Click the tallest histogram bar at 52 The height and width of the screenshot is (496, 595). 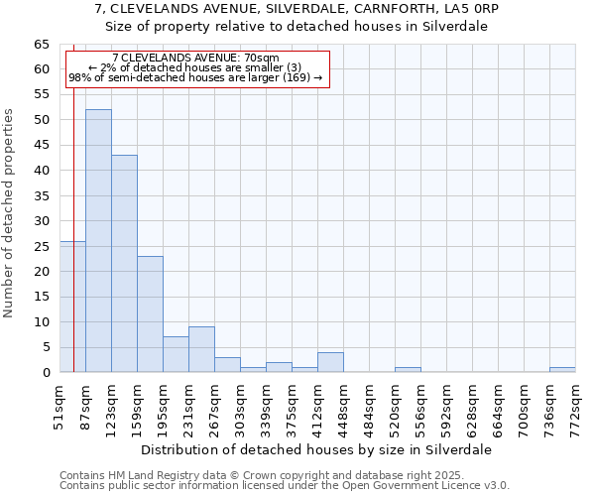(98, 241)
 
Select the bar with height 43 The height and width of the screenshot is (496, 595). (124, 264)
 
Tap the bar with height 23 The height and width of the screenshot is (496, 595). (150, 314)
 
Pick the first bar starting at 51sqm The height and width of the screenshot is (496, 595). (72, 307)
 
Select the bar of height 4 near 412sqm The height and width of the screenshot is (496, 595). (330, 362)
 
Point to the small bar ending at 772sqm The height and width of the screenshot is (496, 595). (562, 370)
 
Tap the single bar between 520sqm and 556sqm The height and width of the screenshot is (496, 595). (408, 370)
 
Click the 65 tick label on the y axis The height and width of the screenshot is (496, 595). (41, 45)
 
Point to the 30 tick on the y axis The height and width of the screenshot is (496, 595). (41, 221)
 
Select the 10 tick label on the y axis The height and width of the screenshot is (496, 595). (41, 322)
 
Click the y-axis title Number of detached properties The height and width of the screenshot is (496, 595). (10, 212)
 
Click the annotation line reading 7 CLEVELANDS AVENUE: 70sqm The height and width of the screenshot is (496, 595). (195, 59)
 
